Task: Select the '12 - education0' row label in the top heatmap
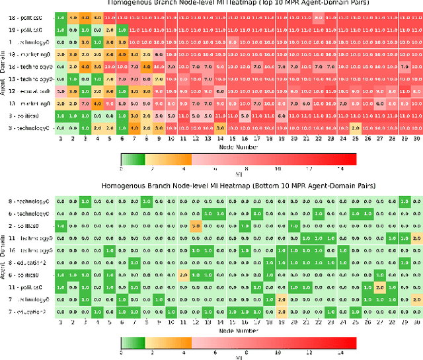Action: coord(28,90)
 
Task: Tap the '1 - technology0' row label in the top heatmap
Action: coord(28,42)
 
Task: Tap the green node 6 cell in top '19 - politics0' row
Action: coord(122,30)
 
